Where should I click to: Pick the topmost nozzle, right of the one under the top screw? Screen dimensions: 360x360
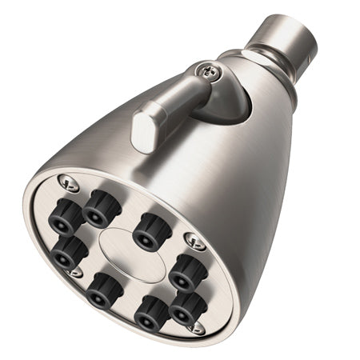click(101, 206)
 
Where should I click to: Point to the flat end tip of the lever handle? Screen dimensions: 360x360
click(143, 132)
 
